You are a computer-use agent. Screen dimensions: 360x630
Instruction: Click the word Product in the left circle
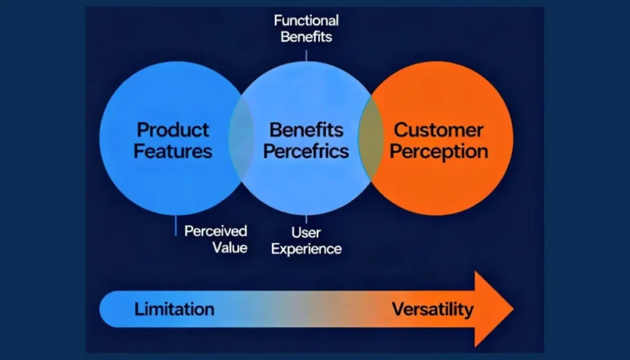[x=173, y=130]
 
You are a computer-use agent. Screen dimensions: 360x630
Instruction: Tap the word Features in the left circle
[x=173, y=151]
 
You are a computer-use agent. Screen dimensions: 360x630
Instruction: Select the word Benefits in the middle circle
[x=306, y=130]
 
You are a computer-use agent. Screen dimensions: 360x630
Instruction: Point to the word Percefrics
[x=306, y=151]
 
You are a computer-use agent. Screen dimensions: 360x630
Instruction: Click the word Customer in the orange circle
[x=438, y=130]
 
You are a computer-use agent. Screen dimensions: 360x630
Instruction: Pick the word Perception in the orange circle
[x=439, y=151]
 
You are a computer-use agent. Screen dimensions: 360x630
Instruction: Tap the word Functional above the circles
[x=306, y=20]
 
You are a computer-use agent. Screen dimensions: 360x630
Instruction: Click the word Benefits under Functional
[x=306, y=36]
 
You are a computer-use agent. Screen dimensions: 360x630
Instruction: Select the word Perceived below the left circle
[x=216, y=231]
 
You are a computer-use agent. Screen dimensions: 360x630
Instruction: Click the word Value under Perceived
[x=230, y=247]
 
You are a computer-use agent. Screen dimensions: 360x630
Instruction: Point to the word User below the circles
[x=306, y=233]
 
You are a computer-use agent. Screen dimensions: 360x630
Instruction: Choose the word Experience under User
[x=306, y=249]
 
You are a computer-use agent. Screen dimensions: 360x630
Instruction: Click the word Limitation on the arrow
[x=174, y=309]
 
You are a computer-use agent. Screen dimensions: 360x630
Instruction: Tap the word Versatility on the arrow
[x=433, y=309]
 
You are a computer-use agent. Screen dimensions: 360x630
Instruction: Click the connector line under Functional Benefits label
[x=306, y=54]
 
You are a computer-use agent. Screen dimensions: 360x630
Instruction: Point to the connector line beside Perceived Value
[x=177, y=225]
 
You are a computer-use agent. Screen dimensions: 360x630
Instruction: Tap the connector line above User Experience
[x=306, y=218]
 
